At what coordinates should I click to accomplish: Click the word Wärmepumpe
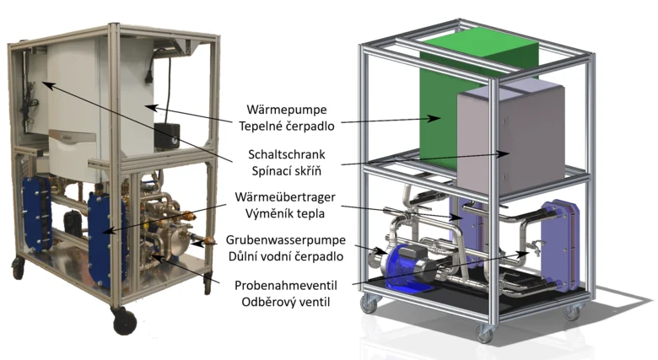coord(287,110)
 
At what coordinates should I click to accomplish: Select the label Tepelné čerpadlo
coord(287,126)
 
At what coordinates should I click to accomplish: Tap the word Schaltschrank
coord(287,154)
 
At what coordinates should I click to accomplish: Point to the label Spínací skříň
coord(287,171)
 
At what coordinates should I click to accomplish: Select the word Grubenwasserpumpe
coord(286,240)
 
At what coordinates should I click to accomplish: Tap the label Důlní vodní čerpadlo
coord(286,256)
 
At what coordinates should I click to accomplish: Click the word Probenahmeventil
coord(286,286)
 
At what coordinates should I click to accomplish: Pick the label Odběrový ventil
coord(286,302)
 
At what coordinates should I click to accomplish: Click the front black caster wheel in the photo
coord(125,322)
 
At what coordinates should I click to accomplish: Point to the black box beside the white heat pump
coord(166,135)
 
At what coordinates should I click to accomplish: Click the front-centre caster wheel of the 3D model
coord(485,334)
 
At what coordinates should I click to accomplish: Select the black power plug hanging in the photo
coord(148,76)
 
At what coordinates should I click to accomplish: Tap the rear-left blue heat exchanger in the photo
coord(37,214)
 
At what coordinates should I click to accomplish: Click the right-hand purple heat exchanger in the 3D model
coord(560,246)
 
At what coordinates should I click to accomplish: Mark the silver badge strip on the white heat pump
coord(73,136)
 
